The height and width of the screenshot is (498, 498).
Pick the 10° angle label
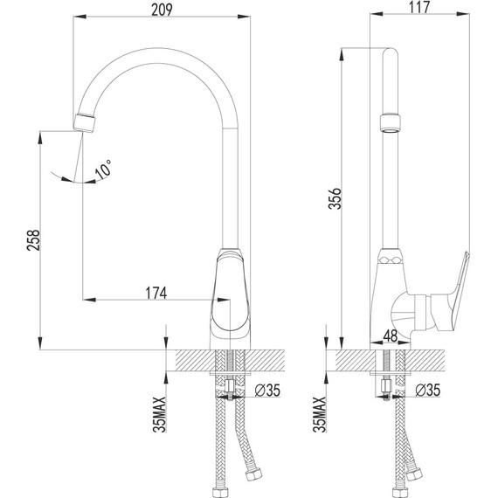tap(104, 171)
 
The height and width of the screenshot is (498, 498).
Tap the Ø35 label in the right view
tap(427, 390)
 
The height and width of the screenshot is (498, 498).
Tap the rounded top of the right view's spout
tap(391, 55)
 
